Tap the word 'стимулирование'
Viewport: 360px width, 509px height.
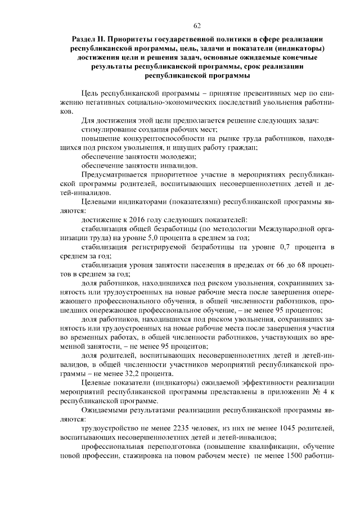tap(108, 130)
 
